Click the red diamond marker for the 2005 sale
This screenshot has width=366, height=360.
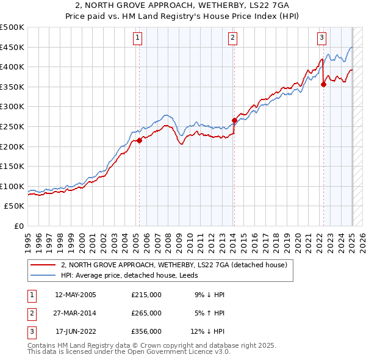(x=139, y=140)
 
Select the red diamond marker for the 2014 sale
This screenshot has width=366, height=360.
(x=234, y=120)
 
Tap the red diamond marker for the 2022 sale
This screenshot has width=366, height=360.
(x=323, y=84)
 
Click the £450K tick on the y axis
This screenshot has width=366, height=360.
(x=12, y=47)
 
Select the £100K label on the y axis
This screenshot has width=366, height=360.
(x=12, y=186)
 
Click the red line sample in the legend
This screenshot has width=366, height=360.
(x=43, y=265)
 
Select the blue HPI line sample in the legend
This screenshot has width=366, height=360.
(x=43, y=275)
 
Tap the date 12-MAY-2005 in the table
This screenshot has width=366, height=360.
(x=76, y=295)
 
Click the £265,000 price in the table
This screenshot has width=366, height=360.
(x=146, y=313)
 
